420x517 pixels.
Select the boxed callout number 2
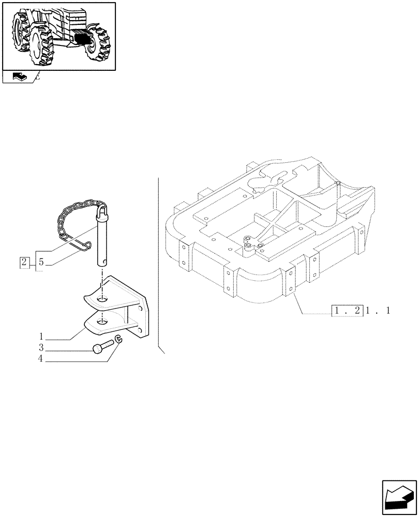(x=24, y=262)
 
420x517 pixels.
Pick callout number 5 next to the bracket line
(x=41, y=262)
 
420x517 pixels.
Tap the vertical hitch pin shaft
(x=103, y=243)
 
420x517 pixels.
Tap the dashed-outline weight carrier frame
(x=269, y=233)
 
